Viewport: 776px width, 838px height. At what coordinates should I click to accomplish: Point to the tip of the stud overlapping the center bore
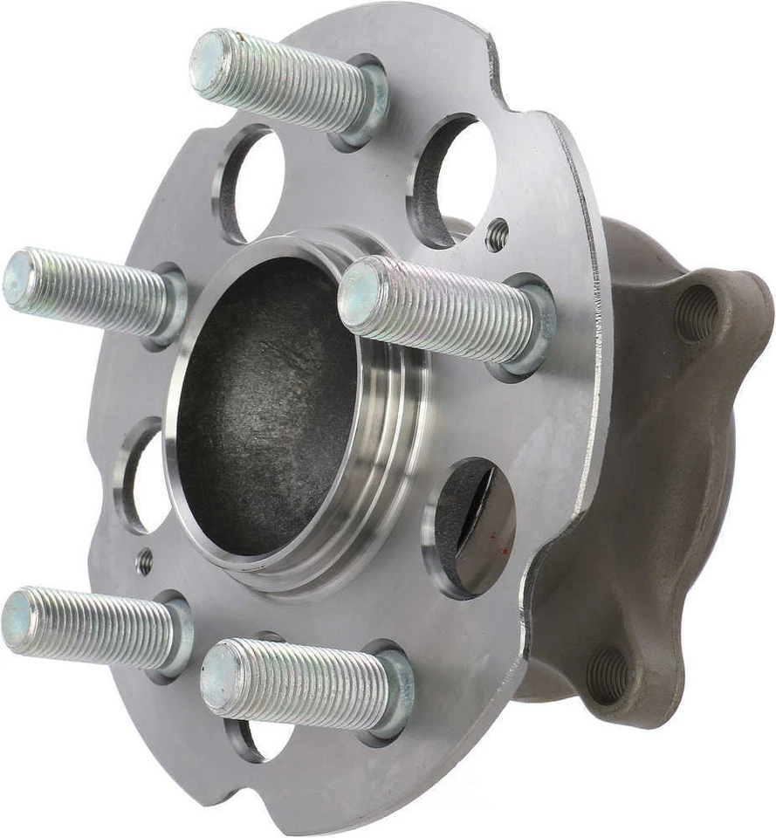359,294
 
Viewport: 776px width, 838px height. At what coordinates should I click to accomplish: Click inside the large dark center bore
262,410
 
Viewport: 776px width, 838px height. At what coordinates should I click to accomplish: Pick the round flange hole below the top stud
253,184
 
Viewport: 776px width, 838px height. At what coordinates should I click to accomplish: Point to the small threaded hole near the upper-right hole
498,234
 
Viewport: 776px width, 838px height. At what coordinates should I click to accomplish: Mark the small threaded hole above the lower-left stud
145,561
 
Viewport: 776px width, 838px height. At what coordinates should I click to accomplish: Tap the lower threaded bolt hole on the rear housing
610,673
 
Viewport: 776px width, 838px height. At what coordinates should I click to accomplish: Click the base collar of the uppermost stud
367,100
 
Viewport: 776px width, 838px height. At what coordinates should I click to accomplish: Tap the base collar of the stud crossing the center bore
528,327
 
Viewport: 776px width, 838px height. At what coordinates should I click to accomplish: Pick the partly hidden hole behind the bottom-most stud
262,738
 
